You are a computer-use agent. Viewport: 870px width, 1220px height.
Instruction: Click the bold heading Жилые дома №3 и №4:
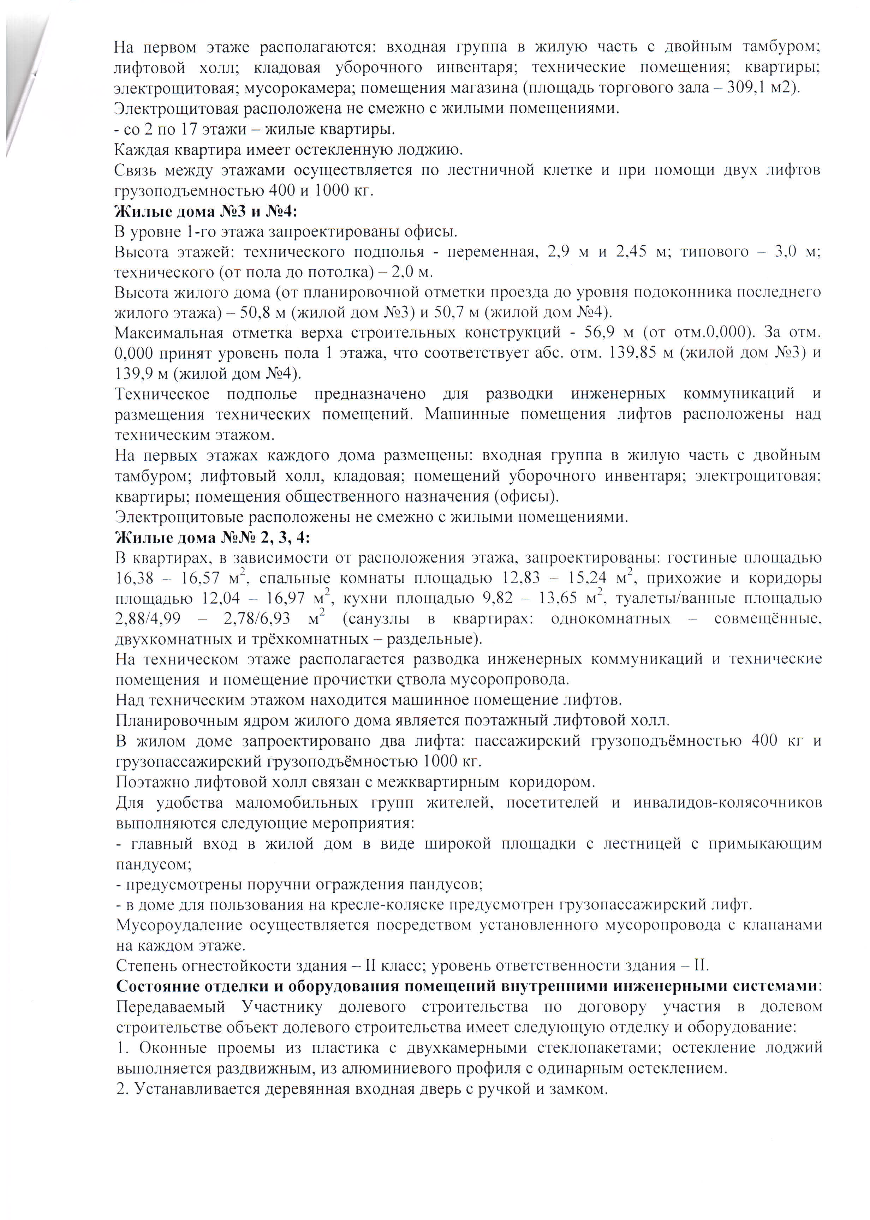pyautogui.click(x=206, y=211)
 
